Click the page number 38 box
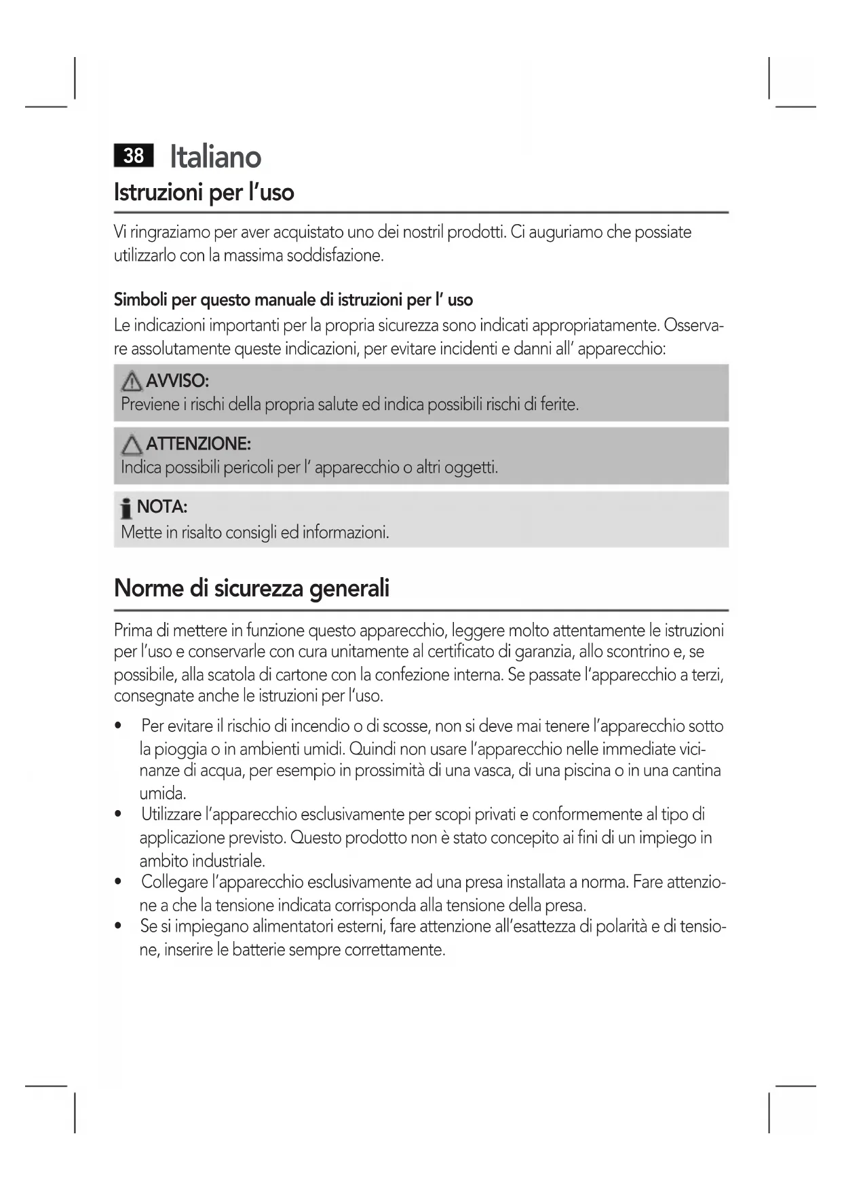click(134, 156)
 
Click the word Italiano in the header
click(215, 157)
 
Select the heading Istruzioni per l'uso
click(204, 193)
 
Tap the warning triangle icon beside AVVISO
click(132, 382)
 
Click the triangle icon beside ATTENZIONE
click(132, 445)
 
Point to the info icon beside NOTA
click(126, 509)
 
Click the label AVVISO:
click(177, 380)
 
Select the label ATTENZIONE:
click(198, 444)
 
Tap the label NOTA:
click(162, 507)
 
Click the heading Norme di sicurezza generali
click(252, 588)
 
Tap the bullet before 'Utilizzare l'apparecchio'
click(119, 815)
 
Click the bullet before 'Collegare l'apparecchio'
click(119, 883)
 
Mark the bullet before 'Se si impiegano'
click(119, 927)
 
